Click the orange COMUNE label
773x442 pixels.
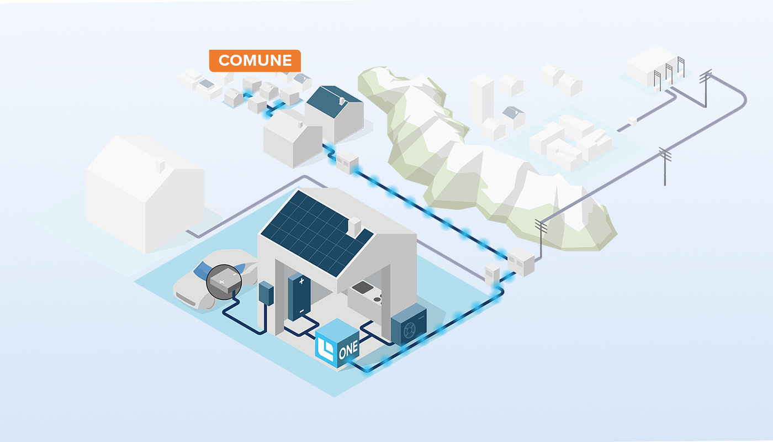(x=255, y=61)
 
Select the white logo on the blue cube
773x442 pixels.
(x=326, y=349)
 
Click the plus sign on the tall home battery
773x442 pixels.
(x=301, y=281)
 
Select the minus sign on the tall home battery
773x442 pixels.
(x=301, y=312)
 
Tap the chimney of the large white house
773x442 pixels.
(x=160, y=165)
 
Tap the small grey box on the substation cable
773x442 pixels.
(x=633, y=120)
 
